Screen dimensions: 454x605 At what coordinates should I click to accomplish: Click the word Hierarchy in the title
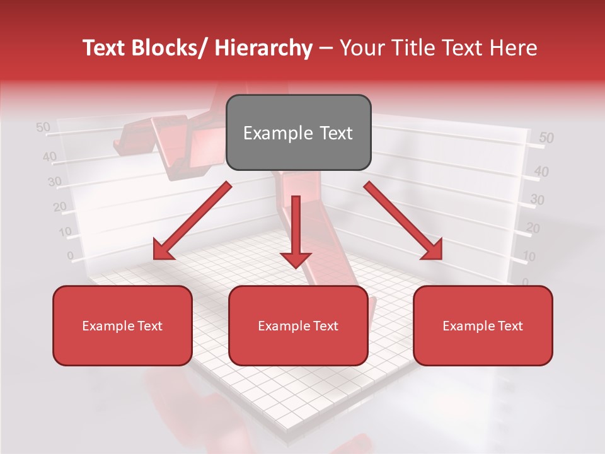[x=263, y=49]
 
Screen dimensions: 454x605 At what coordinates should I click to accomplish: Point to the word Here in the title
[x=513, y=49]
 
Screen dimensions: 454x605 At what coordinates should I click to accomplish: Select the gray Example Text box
[x=298, y=133]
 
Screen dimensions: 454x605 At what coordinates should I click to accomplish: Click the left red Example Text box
[x=122, y=326]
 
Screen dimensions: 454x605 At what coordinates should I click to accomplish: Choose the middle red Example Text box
[x=298, y=326]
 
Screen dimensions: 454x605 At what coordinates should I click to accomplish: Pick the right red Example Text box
[x=483, y=326]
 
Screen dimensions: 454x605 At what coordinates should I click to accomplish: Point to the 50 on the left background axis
[x=43, y=127]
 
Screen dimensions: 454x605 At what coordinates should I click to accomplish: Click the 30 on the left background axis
[x=55, y=182]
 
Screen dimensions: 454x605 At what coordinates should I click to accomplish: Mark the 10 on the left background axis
[x=66, y=231]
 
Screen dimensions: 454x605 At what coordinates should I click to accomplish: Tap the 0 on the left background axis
[x=71, y=256]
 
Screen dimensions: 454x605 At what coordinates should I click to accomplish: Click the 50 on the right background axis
[x=546, y=138]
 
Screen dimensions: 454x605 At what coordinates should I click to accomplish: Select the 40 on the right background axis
[x=541, y=171]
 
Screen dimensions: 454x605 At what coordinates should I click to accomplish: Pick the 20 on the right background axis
[x=533, y=228]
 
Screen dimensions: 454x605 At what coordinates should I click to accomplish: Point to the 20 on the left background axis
[x=60, y=207]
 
